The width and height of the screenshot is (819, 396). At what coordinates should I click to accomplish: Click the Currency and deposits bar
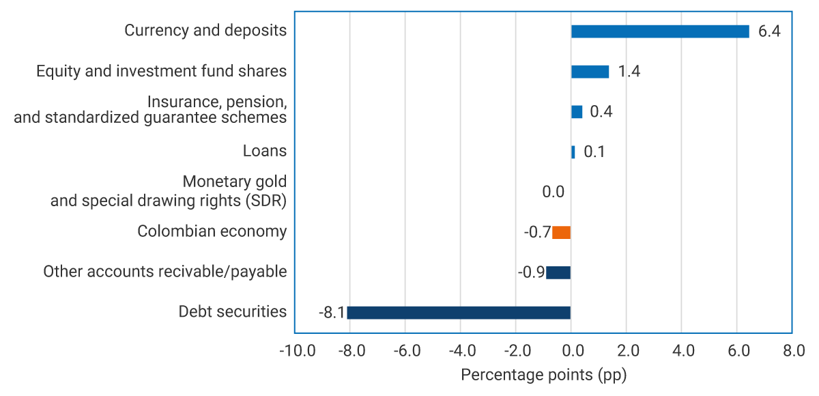coord(660,31)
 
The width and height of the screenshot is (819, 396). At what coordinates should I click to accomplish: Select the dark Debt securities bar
coord(459,313)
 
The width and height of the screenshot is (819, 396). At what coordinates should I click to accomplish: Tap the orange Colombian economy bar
coord(561,233)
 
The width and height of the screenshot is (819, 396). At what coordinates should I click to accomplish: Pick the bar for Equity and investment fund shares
coord(590,72)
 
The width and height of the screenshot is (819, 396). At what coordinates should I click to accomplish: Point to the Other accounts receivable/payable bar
coord(558,272)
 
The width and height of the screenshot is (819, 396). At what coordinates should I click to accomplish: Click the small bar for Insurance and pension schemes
coord(577,112)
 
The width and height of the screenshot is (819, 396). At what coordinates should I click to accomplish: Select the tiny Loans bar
coord(573,152)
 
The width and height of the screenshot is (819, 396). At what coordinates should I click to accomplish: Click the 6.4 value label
coord(768,32)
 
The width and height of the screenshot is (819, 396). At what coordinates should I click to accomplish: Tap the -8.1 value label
coord(332,313)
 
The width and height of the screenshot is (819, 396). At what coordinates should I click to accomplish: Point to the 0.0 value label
coord(553,193)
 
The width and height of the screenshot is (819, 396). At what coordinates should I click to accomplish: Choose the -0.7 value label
coord(537,233)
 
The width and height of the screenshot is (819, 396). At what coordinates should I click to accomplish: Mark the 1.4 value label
coord(629,72)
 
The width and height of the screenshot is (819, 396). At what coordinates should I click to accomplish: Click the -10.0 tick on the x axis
coord(297,352)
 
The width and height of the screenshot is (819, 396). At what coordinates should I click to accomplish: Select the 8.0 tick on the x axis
coord(792,352)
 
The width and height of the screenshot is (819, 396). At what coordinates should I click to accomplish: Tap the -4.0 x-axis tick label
coord(461,352)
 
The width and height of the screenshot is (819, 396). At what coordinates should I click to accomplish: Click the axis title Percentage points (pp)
coord(543,375)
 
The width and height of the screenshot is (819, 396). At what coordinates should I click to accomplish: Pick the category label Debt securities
coord(232,312)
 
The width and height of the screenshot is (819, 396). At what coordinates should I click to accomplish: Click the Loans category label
coord(265,151)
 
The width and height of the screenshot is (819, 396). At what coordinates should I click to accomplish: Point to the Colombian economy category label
coord(212,231)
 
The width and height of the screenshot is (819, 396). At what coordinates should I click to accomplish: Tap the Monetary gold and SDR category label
coord(168,192)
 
